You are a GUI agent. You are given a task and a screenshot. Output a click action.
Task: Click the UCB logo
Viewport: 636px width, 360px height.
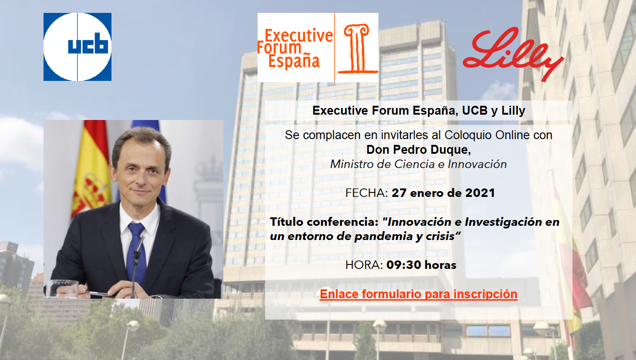click(x=77, y=47)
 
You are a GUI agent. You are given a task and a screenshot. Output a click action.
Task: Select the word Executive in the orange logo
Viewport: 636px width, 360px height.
click(x=299, y=36)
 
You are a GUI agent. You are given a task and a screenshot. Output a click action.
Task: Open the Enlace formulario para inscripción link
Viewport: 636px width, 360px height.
click(x=418, y=294)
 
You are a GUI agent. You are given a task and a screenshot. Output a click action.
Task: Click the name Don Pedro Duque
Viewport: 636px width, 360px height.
click(x=418, y=150)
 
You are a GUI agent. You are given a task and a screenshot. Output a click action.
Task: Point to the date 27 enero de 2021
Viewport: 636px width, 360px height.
click(x=443, y=193)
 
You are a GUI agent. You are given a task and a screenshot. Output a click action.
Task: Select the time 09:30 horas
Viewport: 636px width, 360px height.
click(x=421, y=265)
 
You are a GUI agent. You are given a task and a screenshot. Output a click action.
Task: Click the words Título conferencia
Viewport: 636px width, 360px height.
click(x=324, y=222)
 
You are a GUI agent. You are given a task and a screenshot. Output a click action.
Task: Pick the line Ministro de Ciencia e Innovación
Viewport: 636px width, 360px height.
click(x=418, y=164)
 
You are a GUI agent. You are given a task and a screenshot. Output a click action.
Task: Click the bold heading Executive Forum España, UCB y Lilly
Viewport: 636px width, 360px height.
click(x=419, y=111)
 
